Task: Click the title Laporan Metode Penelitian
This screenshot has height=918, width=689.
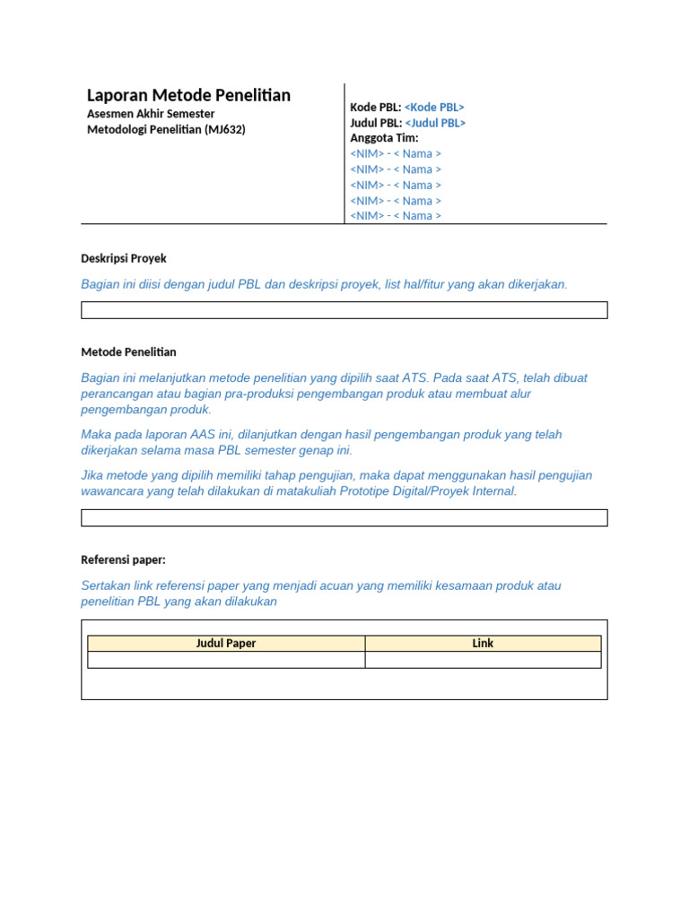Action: point(188,95)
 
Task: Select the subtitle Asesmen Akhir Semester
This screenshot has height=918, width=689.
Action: point(151,114)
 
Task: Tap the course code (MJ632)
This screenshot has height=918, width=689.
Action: point(224,129)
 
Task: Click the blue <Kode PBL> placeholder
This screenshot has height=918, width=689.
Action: point(434,108)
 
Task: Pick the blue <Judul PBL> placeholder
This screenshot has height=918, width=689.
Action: point(435,123)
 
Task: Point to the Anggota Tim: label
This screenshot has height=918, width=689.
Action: point(384,138)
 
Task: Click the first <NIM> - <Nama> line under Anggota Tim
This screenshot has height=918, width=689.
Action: point(396,153)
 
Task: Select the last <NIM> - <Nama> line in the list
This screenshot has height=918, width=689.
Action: point(396,215)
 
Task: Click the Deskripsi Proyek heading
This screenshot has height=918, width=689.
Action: point(124,258)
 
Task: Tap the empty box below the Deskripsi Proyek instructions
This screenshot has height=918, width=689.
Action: point(344,310)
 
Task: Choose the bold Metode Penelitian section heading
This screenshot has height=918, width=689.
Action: point(128,352)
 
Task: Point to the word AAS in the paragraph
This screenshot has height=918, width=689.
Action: point(197,435)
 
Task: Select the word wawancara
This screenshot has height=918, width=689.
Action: point(114,491)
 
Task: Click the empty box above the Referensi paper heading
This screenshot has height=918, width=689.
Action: point(344,518)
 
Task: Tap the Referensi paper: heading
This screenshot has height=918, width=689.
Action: point(123,560)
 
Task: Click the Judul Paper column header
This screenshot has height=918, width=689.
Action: point(226,643)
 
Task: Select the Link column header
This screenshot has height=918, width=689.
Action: point(483,643)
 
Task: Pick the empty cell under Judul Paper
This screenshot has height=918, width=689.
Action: point(226,660)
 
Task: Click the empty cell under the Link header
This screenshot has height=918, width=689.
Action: point(483,660)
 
